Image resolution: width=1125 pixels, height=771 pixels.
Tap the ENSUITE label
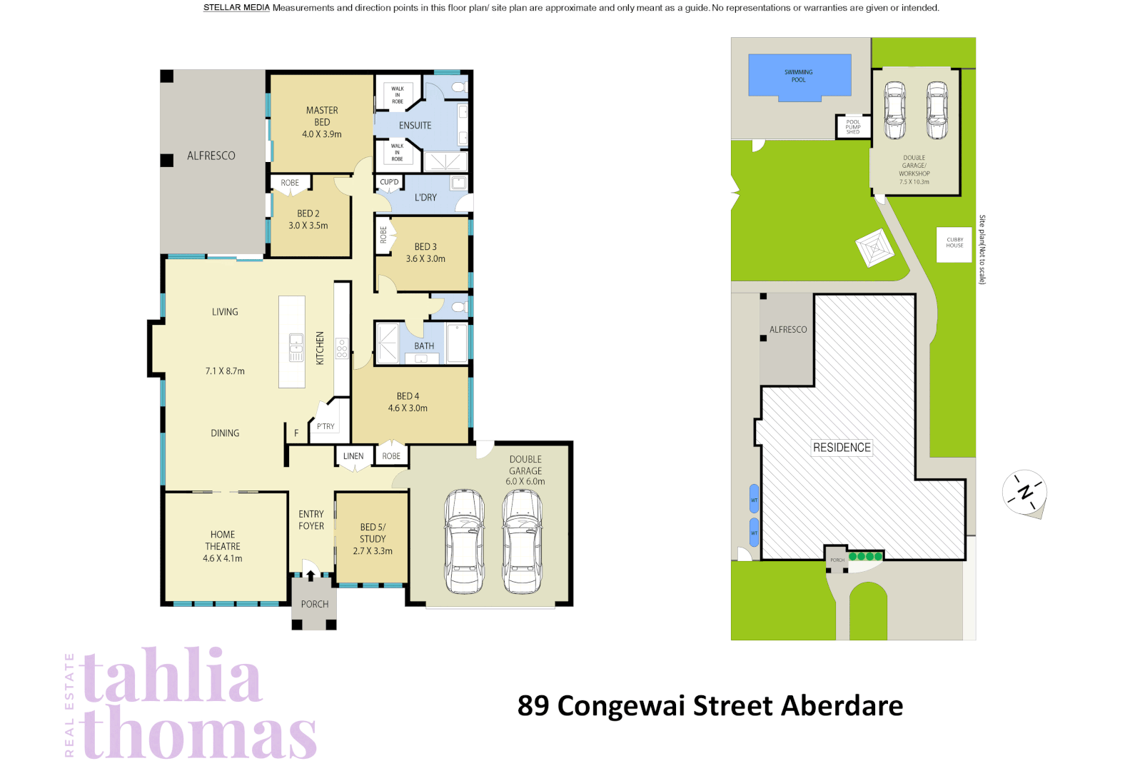tap(415, 126)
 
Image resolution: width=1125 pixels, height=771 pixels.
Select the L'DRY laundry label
tap(425, 198)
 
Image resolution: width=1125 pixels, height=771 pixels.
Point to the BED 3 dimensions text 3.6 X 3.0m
tap(425, 259)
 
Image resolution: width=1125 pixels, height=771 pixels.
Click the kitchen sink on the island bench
tap(296, 347)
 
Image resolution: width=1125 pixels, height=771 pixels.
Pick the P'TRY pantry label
tap(326, 427)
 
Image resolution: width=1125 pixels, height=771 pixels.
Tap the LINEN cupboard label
tap(353, 456)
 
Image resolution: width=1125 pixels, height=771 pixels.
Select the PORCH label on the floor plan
tap(315, 604)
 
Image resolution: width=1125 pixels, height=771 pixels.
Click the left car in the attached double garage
tap(464, 542)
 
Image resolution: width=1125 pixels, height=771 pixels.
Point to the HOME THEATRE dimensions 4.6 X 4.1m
tap(223, 559)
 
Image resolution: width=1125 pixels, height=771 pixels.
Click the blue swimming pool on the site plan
tap(799, 76)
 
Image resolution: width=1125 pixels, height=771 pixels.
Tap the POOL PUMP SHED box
tap(853, 127)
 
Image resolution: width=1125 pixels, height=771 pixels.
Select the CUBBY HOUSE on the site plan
tap(954, 243)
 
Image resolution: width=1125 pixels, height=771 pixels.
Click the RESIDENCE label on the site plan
tap(842, 448)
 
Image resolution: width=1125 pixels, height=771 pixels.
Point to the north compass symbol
tap(1025, 492)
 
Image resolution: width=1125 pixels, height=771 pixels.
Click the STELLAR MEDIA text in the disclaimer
tap(236, 8)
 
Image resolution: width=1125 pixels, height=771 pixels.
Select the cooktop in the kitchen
tap(342, 348)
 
